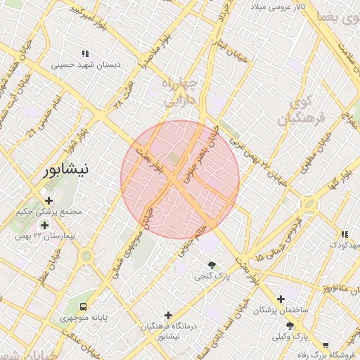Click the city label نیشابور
point(66,169)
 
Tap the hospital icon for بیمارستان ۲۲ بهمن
point(45,225)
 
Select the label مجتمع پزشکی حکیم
point(48,212)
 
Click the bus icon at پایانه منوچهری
point(84,307)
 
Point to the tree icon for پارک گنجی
point(211,264)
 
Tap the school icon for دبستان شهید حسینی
point(85,53)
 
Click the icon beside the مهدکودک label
point(343,234)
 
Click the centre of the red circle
point(180,180)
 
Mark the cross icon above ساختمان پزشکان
point(281,299)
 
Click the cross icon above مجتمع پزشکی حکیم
point(48,201)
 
